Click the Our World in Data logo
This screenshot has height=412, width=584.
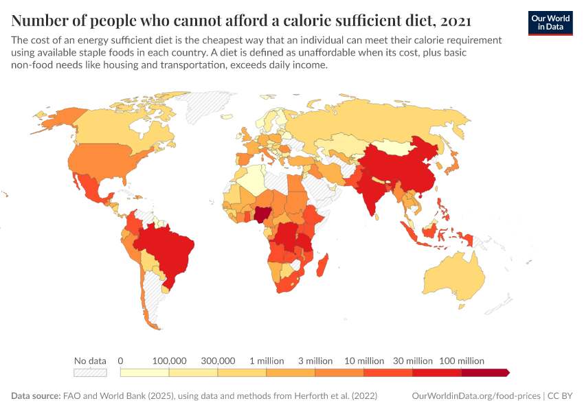550,23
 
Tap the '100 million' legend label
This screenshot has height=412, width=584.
461,360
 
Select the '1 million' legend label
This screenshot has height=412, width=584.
266,360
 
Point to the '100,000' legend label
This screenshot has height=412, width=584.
169,360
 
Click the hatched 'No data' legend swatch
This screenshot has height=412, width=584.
90,372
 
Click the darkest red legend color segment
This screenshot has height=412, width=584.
485,372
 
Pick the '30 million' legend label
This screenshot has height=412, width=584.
413,360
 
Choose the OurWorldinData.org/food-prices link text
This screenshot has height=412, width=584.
475,396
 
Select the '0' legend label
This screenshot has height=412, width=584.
121,360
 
